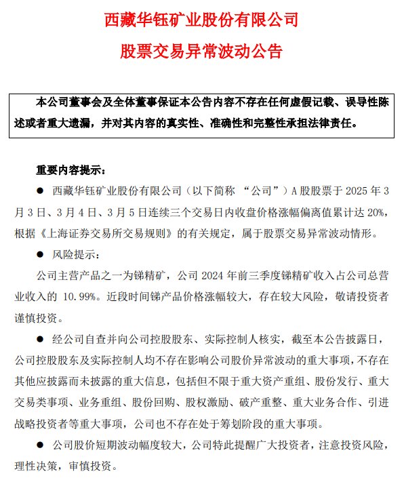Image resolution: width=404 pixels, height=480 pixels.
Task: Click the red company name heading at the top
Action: [201, 20]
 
